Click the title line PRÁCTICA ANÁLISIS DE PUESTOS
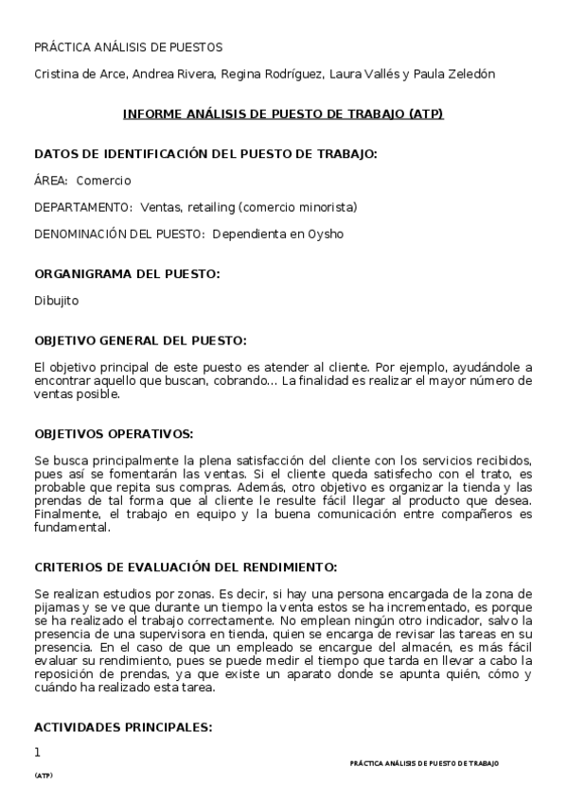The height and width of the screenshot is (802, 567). point(128,46)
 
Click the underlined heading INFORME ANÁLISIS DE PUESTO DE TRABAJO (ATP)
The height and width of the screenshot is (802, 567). point(283,113)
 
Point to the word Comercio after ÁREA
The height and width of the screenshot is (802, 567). point(103,181)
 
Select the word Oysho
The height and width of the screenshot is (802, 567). point(325,234)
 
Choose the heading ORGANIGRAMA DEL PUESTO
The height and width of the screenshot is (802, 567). point(127,274)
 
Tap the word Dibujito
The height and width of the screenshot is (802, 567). point(57,301)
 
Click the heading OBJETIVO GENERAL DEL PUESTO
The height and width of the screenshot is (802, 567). point(140,340)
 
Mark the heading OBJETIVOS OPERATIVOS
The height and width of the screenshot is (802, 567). point(114,434)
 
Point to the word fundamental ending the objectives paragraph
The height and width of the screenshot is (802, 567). point(72,529)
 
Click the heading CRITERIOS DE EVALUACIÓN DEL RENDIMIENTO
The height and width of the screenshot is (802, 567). point(185,567)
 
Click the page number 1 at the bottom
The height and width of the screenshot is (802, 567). point(38,753)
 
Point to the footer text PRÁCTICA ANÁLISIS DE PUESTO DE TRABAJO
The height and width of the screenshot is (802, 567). point(424,763)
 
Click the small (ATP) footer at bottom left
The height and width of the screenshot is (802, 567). point(44,776)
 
